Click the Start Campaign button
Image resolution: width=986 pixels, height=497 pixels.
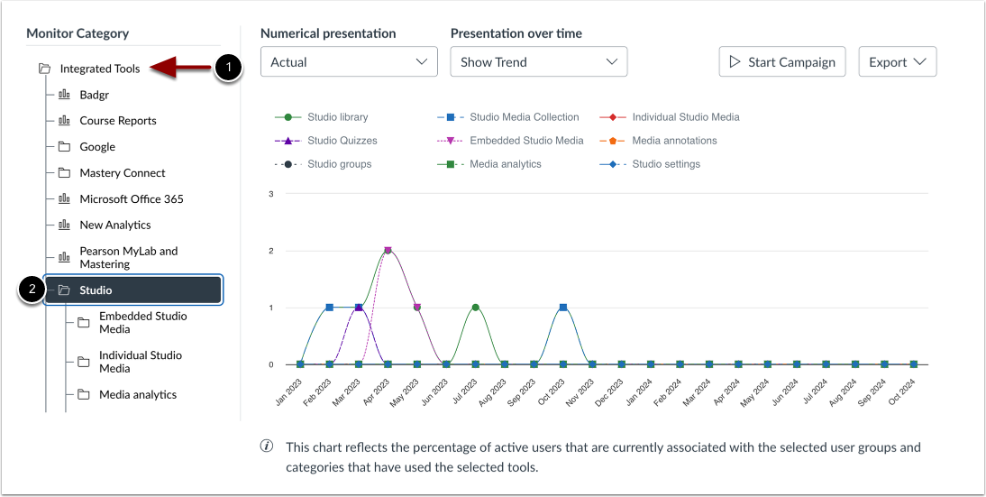point(782,62)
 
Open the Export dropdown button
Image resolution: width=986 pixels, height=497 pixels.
point(898,62)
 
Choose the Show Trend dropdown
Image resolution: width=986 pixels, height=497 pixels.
point(538,62)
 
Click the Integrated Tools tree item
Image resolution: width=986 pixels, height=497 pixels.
point(99,69)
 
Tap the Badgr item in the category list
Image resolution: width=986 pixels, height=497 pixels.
point(95,95)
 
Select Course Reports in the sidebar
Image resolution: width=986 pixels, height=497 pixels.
point(117,121)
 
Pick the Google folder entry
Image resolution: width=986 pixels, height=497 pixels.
point(97,147)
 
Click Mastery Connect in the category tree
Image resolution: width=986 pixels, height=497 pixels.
point(123,173)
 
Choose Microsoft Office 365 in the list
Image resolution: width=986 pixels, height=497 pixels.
point(132,199)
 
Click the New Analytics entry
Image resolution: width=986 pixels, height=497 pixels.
point(115,225)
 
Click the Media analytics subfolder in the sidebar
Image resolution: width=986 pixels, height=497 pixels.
point(137,395)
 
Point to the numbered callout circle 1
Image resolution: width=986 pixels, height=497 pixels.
point(229,68)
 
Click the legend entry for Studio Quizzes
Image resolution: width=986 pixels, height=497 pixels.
point(342,141)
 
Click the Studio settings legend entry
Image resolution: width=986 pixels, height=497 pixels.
point(665,164)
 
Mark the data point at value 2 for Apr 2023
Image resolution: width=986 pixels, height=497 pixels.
point(388,250)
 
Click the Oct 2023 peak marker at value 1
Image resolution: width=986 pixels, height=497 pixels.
point(563,308)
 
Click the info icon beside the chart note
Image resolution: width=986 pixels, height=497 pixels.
point(267,447)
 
